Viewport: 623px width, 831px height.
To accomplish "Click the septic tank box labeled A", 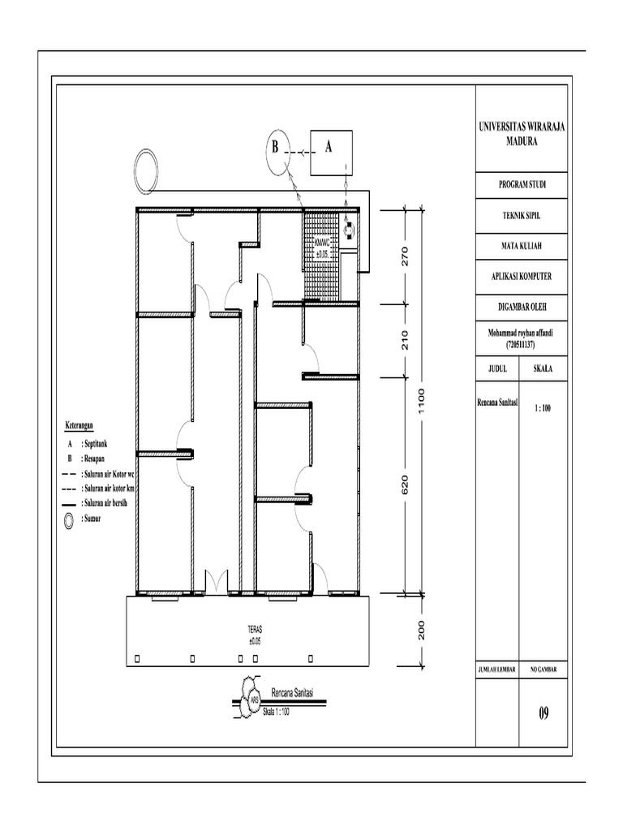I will (x=330, y=149).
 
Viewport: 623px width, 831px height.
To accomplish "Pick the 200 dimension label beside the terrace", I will (x=422, y=631).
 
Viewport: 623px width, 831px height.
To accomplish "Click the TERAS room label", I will (x=256, y=629).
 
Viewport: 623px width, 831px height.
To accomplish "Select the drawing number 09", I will (x=544, y=714).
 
